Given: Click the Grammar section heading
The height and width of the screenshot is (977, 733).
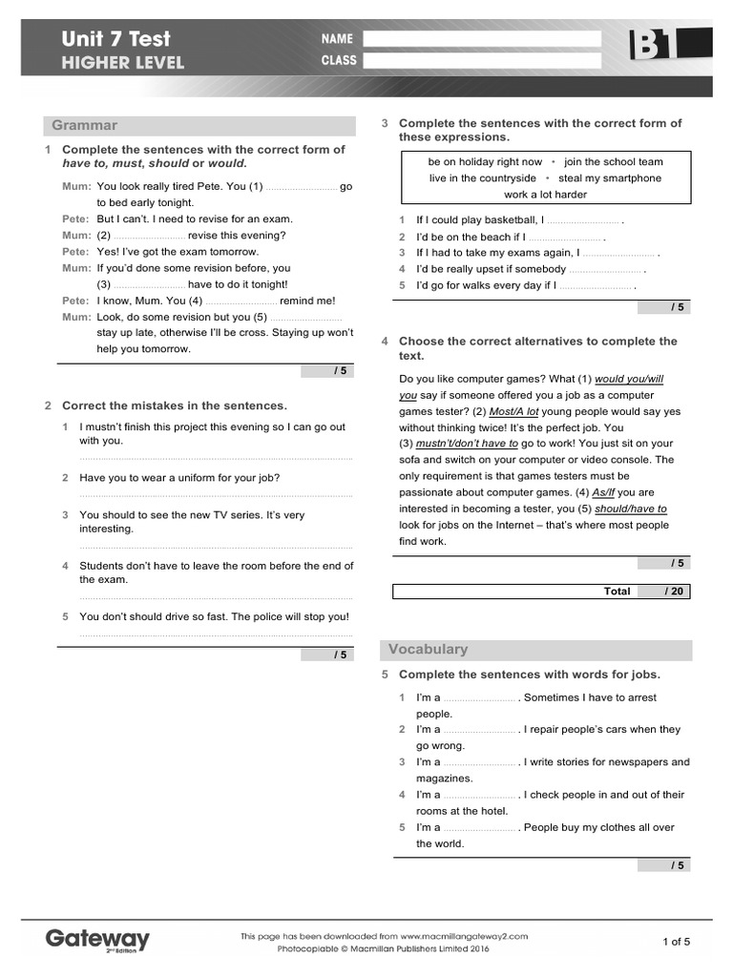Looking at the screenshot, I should click(x=85, y=125).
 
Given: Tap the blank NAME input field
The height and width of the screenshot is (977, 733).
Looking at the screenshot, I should click(x=482, y=39).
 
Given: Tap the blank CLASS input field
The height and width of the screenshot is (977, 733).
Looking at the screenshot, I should click(x=482, y=60).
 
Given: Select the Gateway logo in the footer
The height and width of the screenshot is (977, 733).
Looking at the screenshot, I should click(x=97, y=940).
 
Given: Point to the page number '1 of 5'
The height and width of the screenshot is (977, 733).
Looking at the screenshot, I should click(x=676, y=942).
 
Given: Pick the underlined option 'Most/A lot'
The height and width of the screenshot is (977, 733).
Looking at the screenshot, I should click(x=513, y=411).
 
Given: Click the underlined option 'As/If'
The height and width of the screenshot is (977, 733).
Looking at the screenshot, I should click(x=603, y=492).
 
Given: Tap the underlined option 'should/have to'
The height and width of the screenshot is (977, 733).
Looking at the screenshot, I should click(x=631, y=509).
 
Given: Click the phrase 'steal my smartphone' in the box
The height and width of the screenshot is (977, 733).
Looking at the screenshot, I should click(x=610, y=177).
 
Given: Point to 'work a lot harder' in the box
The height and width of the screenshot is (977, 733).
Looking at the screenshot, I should click(x=545, y=194).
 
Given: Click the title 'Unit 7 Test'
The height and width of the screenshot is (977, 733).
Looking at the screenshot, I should click(x=115, y=39).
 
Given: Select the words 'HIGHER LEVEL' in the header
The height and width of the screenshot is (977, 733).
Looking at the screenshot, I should click(x=123, y=63).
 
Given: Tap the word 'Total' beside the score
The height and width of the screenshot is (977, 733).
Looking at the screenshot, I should click(x=617, y=592).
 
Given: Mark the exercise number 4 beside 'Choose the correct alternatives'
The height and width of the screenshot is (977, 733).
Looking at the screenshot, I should click(x=385, y=341).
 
